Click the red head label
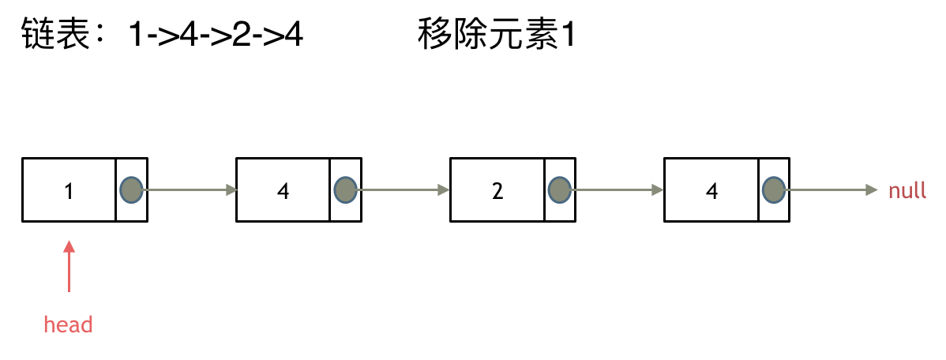point(68,324)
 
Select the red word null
point(907,191)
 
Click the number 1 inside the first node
point(69,191)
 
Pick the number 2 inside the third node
point(497,191)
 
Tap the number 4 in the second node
point(283,191)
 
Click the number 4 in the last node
point(711,191)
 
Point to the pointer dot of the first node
point(131,189)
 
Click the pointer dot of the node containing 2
point(559,189)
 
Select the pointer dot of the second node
point(345,189)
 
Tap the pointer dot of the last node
point(773,189)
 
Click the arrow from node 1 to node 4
point(190,189)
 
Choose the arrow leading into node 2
point(404,189)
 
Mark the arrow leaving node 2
point(618,189)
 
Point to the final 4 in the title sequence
point(294,36)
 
